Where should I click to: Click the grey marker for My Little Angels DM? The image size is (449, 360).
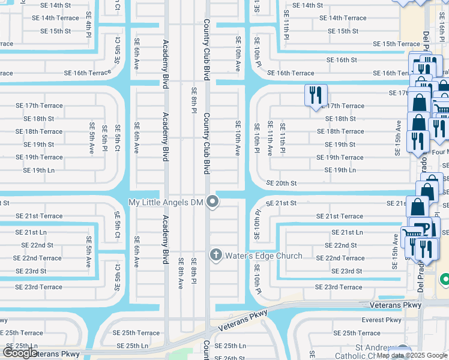point(212,202)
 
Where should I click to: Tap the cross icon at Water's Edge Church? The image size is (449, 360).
point(216,256)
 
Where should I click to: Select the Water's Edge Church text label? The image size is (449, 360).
point(264,256)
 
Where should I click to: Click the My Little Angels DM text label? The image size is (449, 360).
point(167,202)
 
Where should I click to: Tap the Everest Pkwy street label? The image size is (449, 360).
point(381,320)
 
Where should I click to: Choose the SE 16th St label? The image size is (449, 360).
point(342,60)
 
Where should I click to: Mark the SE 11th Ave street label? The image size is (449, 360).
point(270,139)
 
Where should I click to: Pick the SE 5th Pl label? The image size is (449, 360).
point(104,138)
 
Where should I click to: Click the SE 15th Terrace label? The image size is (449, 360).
point(396,44)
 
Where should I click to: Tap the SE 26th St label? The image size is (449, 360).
point(230,357)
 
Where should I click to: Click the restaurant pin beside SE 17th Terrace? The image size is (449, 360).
point(315,95)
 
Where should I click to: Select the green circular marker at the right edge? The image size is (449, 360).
point(445,280)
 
